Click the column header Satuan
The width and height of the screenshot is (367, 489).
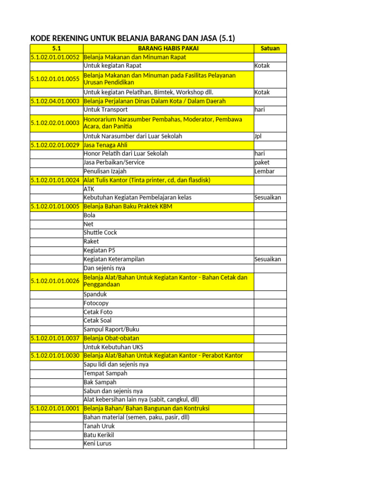(x=270, y=48)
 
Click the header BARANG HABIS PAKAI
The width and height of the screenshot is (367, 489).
(x=168, y=48)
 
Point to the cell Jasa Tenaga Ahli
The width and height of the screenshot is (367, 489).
(x=106, y=145)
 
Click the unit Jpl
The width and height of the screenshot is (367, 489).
(x=259, y=136)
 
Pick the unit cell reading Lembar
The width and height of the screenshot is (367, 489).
(x=265, y=171)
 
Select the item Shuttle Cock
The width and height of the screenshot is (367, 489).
(x=100, y=233)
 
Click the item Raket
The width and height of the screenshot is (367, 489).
(x=91, y=241)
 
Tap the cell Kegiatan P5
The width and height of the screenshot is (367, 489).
(x=99, y=250)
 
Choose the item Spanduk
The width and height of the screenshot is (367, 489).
(x=95, y=294)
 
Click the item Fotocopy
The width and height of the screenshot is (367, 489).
(x=96, y=303)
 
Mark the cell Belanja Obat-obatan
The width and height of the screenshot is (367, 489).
(x=111, y=338)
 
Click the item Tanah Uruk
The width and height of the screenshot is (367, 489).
(x=99, y=426)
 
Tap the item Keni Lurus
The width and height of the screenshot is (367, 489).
(x=97, y=444)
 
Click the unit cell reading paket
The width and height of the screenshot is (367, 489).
(x=262, y=162)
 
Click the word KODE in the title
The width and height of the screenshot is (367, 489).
(x=41, y=38)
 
